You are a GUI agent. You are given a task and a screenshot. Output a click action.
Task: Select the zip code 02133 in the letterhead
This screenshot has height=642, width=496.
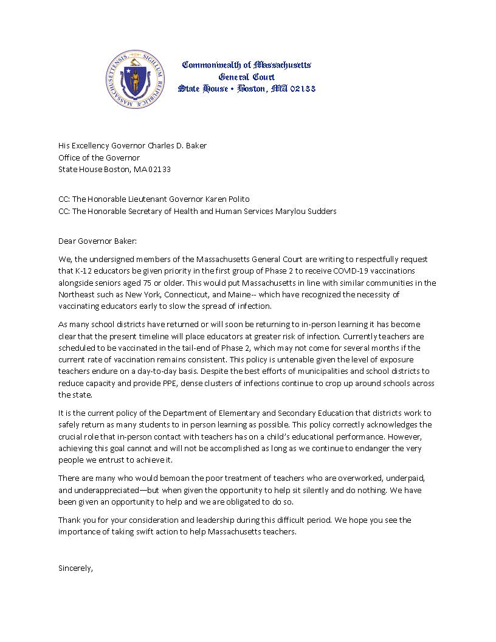pyautogui.click(x=301, y=89)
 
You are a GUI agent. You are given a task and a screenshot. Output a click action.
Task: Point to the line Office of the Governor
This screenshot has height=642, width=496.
pyautogui.click(x=99, y=157)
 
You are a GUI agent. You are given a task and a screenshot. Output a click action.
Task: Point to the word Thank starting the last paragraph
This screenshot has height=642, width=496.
pyautogui.click(x=69, y=520)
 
